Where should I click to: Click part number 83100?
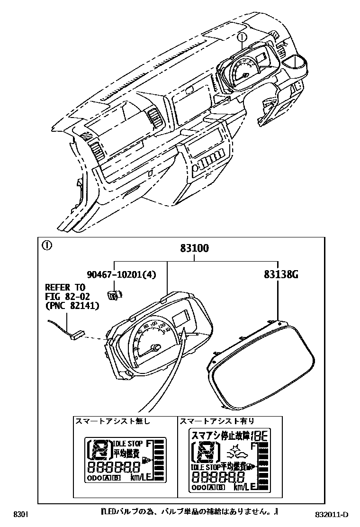[194, 248]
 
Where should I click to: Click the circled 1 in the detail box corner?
[46, 245]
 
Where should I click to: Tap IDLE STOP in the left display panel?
[129, 444]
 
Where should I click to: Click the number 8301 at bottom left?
[22, 515]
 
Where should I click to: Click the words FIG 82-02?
[65, 297]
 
